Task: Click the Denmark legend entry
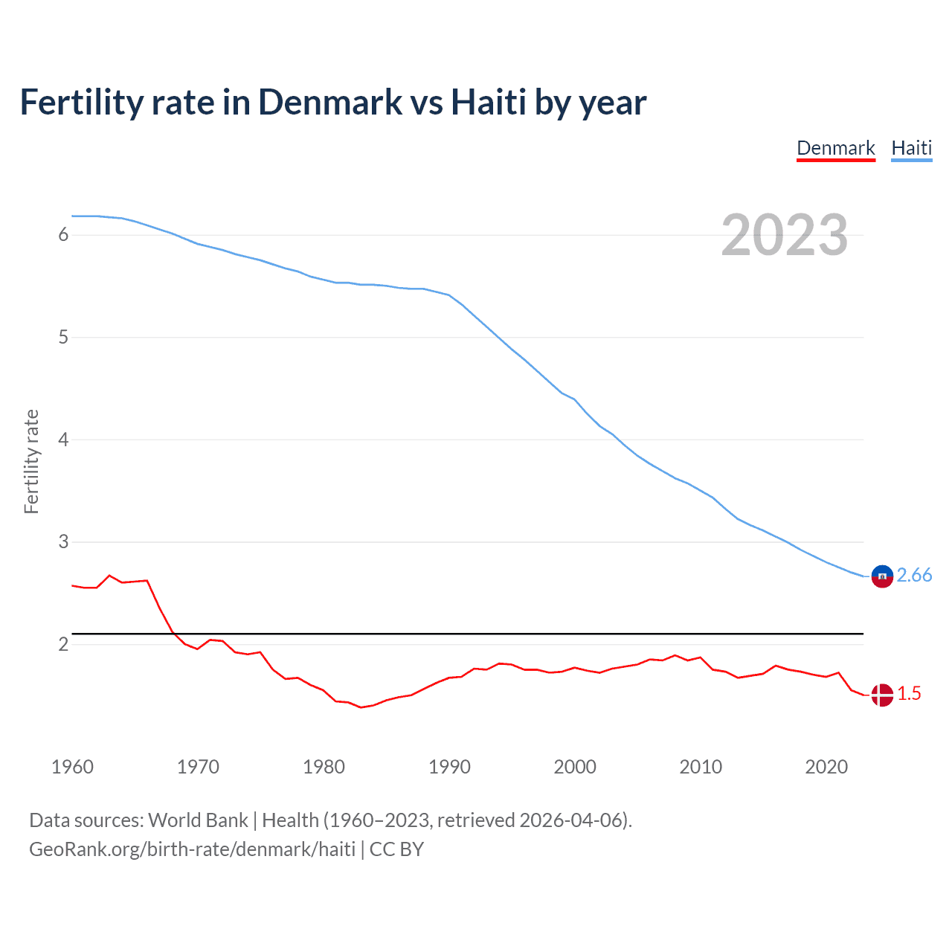[835, 148]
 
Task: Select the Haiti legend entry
[911, 148]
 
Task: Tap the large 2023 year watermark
[784, 235]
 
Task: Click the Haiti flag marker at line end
[882, 576]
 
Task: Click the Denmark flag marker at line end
[882, 695]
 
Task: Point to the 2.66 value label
[914, 575]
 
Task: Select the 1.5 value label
[909, 693]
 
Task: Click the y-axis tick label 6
[63, 235]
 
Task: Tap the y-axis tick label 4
[63, 440]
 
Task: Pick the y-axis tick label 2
[63, 644]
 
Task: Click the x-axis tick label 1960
[72, 767]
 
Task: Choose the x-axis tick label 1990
[449, 767]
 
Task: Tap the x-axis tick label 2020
[826, 767]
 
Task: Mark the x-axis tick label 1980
[324, 767]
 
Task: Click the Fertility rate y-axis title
[31, 461]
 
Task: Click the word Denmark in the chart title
[330, 102]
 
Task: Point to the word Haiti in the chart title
[489, 102]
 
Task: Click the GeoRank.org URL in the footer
[192, 849]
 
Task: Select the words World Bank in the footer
[198, 820]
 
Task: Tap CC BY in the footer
[396, 849]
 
